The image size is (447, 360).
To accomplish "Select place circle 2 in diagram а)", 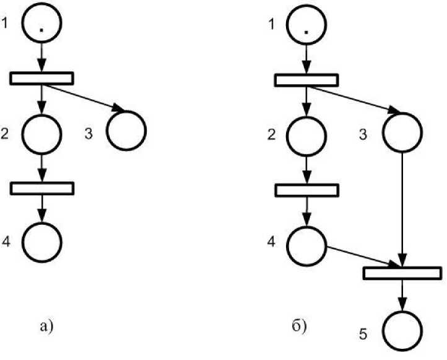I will point(41,133).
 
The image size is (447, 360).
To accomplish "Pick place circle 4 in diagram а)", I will point(41,240).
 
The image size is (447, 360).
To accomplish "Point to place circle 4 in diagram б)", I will point(306,244).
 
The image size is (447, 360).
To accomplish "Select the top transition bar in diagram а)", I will point(42,79).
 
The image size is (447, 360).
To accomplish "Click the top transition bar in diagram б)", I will point(306,81).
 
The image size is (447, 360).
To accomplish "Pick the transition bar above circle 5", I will point(402,273).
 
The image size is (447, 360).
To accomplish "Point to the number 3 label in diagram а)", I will point(89,133).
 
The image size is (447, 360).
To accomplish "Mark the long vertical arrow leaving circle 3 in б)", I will point(403,204).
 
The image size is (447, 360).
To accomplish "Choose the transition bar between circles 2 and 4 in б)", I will point(306,190).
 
